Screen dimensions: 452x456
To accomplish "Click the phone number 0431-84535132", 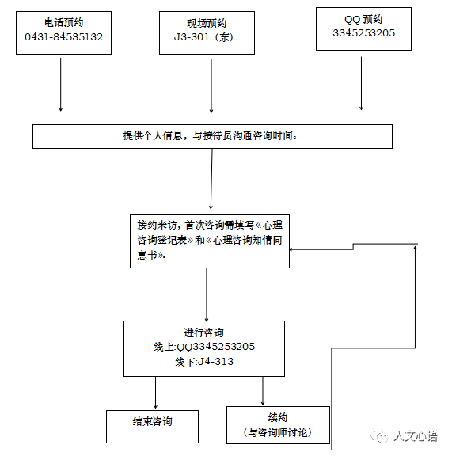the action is (x=63, y=37).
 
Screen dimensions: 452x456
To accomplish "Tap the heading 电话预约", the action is (x=63, y=22).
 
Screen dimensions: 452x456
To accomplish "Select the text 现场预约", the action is (x=207, y=23).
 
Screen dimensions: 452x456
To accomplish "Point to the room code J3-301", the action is (x=192, y=37).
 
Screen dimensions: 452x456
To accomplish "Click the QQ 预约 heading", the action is (x=363, y=20).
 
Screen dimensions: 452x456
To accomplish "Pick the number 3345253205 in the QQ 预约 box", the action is (x=364, y=33).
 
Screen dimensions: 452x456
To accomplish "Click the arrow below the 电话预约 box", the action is (x=60, y=85).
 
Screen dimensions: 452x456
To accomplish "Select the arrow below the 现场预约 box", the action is (x=211, y=86).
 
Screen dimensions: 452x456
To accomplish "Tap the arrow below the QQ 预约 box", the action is (x=361, y=83).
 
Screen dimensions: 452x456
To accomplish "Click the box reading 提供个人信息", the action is (x=212, y=136).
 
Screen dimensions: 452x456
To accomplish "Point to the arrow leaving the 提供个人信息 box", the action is (x=211, y=179).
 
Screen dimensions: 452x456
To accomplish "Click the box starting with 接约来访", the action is (x=210, y=241).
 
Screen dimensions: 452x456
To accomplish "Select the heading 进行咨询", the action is (x=203, y=332).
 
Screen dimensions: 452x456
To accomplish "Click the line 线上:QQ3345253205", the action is (x=204, y=347).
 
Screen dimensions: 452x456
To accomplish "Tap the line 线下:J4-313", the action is (x=204, y=362).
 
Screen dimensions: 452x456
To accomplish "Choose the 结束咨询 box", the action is (x=153, y=427).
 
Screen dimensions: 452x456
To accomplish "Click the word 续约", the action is (x=278, y=417).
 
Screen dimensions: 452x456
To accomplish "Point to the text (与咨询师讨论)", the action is (x=278, y=432).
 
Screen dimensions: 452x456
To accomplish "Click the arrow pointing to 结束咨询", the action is (x=155, y=393).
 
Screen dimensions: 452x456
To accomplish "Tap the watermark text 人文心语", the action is (x=416, y=435).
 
